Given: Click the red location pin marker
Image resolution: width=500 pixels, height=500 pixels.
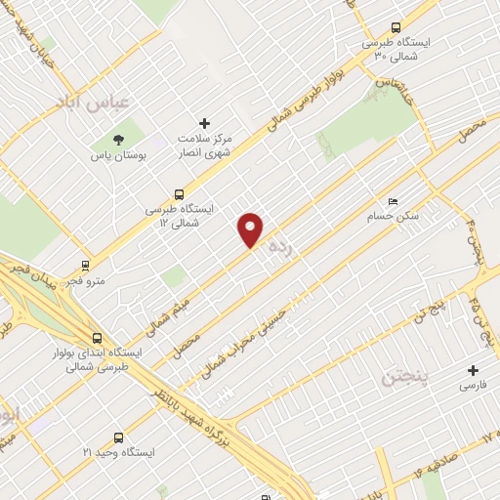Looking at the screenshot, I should coord(251,229).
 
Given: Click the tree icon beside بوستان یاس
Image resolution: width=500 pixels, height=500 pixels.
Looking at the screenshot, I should coord(119,140).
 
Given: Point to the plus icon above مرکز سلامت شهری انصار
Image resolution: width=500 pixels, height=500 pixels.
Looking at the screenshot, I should coord(204,123).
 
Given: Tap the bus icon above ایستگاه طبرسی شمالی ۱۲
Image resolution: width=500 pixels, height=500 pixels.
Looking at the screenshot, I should coord(178,194).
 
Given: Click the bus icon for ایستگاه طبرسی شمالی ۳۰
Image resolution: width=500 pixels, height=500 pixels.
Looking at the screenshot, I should coord(396,27).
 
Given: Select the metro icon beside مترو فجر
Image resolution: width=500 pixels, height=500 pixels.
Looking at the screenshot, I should coord(86,264).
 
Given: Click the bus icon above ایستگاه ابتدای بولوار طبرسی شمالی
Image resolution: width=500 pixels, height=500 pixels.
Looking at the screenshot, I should coord(95,336).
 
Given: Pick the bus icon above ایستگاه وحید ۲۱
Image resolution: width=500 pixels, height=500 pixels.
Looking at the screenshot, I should coord(118,438).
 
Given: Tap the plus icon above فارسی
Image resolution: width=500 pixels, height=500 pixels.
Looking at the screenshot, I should coord(474,370).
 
